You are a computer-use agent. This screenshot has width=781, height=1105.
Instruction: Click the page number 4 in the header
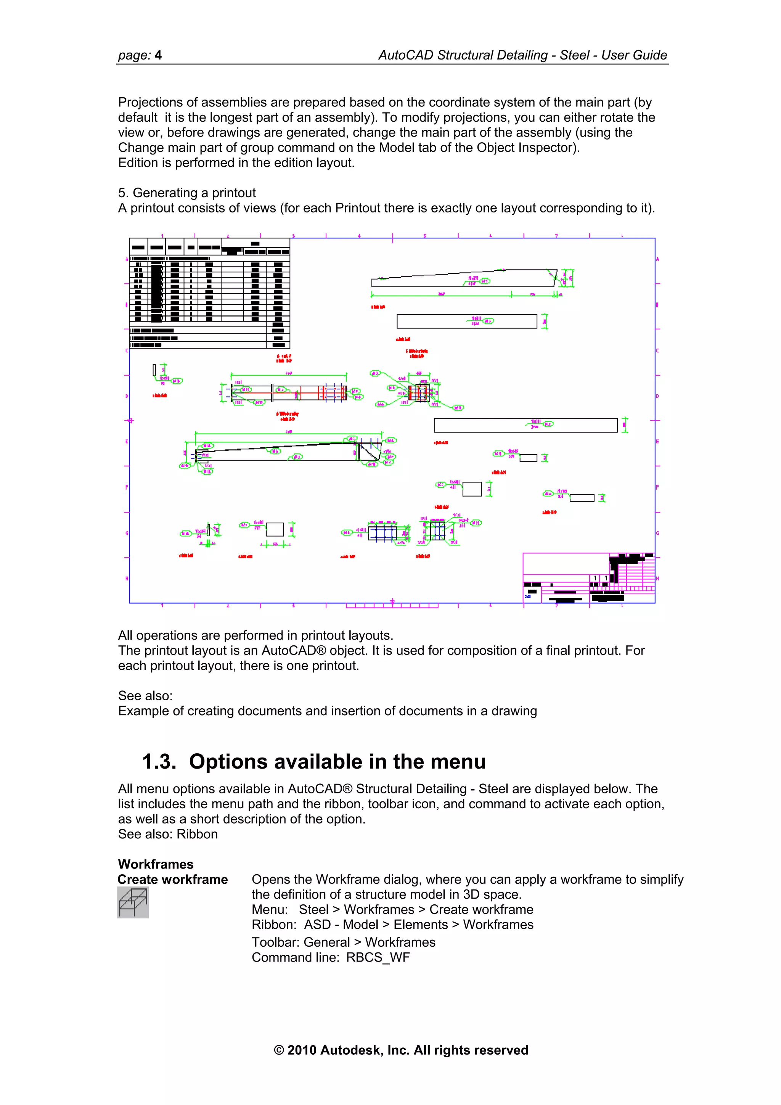(158, 55)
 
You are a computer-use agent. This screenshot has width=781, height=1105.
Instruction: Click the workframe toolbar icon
(133, 902)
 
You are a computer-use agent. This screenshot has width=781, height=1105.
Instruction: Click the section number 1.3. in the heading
(159, 762)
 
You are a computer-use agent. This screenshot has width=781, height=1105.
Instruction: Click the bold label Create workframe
(172, 879)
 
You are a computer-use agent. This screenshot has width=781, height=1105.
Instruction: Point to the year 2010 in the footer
(302, 1050)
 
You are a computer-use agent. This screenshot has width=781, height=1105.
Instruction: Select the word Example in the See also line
(143, 711)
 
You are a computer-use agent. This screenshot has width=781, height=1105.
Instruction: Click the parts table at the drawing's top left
(209, 293)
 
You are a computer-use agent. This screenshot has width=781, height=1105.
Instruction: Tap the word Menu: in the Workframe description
(270, 910)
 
